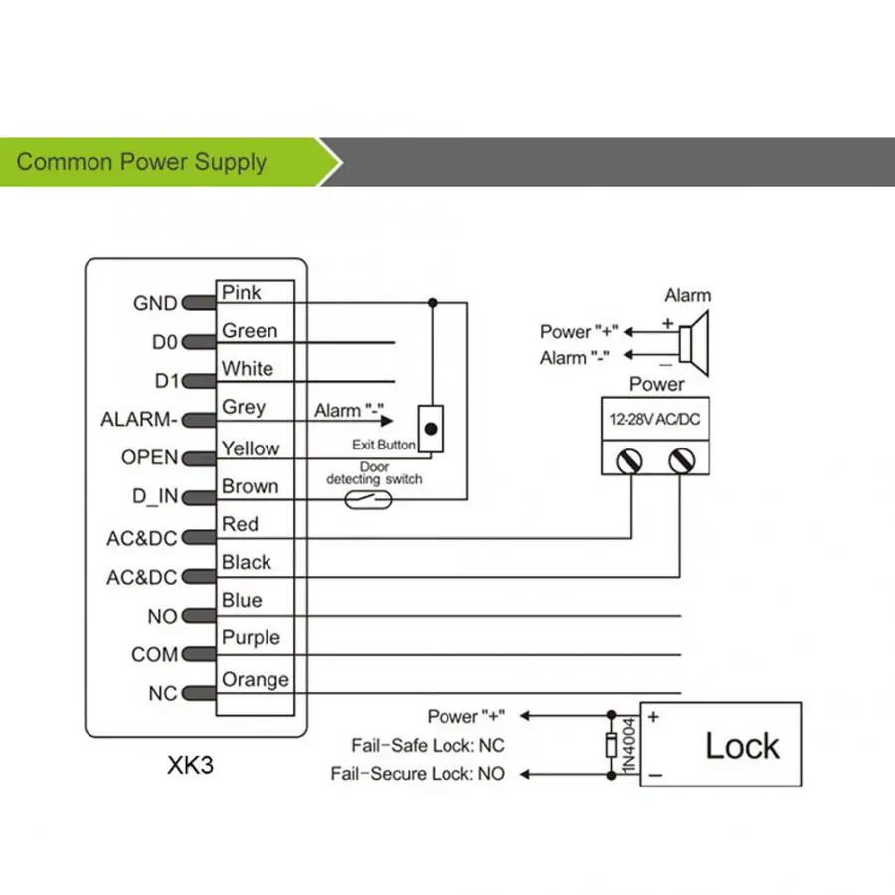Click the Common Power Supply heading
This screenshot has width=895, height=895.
[x=141, y=162]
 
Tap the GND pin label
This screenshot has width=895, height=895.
[x=155, y=303]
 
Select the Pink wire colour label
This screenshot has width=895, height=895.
[x=241, y=292]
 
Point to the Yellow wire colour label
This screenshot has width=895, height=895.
[x=251, y=448]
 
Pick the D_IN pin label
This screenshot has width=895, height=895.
[x=155, y=496]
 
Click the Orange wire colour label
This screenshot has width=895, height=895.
[x=256, y=679]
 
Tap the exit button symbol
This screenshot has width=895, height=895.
[x=431, y=429]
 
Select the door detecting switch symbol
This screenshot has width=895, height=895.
[x=368, y=499]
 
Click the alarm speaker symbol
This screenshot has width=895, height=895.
[x=695, y=344]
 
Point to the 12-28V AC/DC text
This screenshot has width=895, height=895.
[x=654, y=419]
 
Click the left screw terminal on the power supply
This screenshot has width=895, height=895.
[x=629, y=460]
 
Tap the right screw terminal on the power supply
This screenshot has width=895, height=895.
[x=681, y=460]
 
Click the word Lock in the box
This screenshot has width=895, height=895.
[x=742, y=746]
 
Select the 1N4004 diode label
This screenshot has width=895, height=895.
[x=629, y=746]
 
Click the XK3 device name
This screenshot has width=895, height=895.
[x=190, y=765]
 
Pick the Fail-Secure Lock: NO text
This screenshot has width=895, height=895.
[x=418, y=774]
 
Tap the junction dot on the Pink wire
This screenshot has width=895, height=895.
[x=433, y=303]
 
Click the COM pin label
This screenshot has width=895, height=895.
[x=155, y=654]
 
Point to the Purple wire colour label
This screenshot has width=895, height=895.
[x=251, y=637]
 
